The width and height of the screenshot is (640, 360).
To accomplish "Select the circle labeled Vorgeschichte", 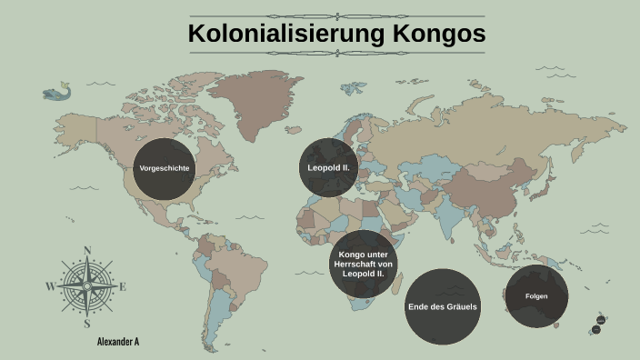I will (x=165, y=169).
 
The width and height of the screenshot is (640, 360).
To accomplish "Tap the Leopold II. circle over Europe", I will (x=329, y=168).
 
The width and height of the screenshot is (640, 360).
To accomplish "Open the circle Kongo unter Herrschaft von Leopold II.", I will (x=363, y=264).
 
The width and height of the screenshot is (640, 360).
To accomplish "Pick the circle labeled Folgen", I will (x=536, y=296).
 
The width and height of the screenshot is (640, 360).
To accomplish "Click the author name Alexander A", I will (x=117, y=342).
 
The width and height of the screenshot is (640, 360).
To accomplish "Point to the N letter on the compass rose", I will (x=87, y=251).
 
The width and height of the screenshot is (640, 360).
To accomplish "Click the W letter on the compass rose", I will (x=50, y=286).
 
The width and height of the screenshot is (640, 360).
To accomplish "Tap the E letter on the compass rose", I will (x=123, y=286).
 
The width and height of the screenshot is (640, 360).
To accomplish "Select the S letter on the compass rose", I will (x=87, y=323).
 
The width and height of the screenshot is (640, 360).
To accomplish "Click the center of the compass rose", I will (x=87, y=286).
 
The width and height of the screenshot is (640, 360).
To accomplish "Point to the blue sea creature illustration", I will (x=57, y=92).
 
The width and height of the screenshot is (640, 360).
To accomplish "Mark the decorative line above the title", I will (x=336, y=15).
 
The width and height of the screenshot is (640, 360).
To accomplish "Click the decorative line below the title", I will (x=336, y=53).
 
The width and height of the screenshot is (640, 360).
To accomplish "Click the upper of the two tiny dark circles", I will (x=601, y=320).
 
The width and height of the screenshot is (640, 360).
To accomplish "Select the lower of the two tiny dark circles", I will (x=597, y=329).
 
